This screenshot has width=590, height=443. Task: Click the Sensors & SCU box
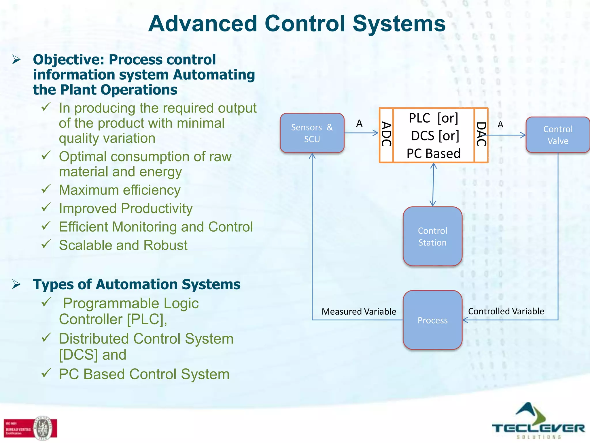312,133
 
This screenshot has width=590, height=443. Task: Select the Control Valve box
558,135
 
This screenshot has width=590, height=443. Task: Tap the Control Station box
432,236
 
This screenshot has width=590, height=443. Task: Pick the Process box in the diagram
432,320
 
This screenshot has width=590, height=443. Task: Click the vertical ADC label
386,134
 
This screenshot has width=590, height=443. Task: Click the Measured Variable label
359,311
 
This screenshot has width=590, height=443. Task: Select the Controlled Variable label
506,311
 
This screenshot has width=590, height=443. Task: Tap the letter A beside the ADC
359,123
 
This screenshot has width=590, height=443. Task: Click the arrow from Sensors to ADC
361,133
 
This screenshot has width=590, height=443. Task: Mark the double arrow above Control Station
433,185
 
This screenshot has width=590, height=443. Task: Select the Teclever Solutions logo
538,422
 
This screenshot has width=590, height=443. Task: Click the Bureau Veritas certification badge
30,428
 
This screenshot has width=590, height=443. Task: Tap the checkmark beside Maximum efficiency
46,189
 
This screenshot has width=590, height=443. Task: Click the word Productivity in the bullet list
157,209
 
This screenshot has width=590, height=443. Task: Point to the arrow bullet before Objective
16,60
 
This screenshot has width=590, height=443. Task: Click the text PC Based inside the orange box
433,153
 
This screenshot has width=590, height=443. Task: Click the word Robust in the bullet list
165,245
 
